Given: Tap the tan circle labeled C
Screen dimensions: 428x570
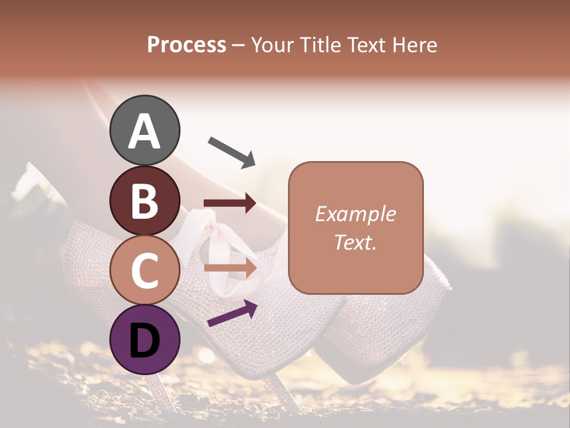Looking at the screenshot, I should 144,270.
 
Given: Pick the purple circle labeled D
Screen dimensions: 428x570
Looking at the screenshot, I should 144,339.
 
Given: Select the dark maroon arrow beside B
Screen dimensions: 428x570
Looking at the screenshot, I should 229,203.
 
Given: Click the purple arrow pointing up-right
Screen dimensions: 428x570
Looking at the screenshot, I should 232,313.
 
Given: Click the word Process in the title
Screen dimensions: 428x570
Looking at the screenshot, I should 186,45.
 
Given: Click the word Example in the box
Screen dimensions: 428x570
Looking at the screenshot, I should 355,214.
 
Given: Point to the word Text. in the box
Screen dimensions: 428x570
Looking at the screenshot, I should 355,242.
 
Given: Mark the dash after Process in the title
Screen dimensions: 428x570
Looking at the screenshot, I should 238,45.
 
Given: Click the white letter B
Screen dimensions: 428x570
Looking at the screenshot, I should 144,201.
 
